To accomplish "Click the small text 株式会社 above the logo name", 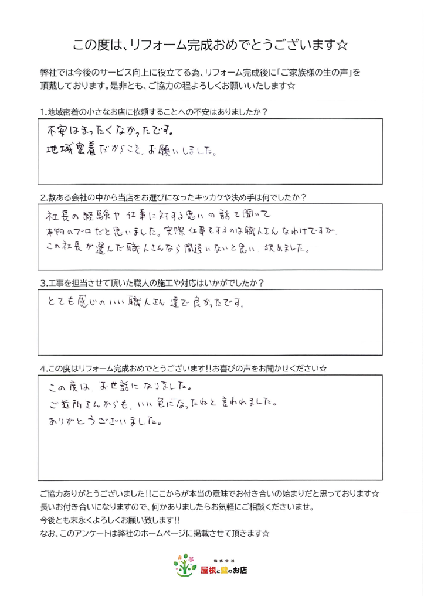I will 223,560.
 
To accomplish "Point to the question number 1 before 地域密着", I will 43,111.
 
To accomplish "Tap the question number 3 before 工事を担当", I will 43,283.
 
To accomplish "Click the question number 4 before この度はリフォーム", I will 43,369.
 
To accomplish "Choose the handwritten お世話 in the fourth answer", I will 105,387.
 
